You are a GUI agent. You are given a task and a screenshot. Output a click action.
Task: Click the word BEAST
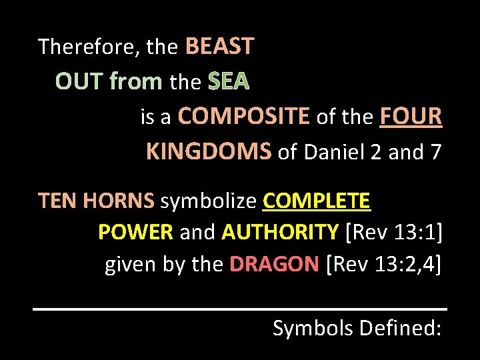coord(219,47)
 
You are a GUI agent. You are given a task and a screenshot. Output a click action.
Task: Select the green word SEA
coord(228,82)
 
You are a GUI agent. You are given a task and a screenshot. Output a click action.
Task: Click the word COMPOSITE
coord(244,117)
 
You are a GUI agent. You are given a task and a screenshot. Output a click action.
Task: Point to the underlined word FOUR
coord(411,117)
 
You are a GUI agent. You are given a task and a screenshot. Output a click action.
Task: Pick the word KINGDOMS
coord(208,153)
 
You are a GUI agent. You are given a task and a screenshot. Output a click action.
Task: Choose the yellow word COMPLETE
coord(317,201)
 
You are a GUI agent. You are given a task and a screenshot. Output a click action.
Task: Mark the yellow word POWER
coord(135,232)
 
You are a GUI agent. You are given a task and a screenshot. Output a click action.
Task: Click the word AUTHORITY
coord(280,232)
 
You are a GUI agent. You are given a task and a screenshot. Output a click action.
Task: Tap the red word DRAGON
coord(274,264)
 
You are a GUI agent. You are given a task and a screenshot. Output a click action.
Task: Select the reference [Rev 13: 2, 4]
coord(384,264)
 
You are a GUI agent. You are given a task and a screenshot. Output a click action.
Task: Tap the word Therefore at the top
coord(87,47)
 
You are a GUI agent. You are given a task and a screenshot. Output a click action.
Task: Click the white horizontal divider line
coord(240,309)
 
